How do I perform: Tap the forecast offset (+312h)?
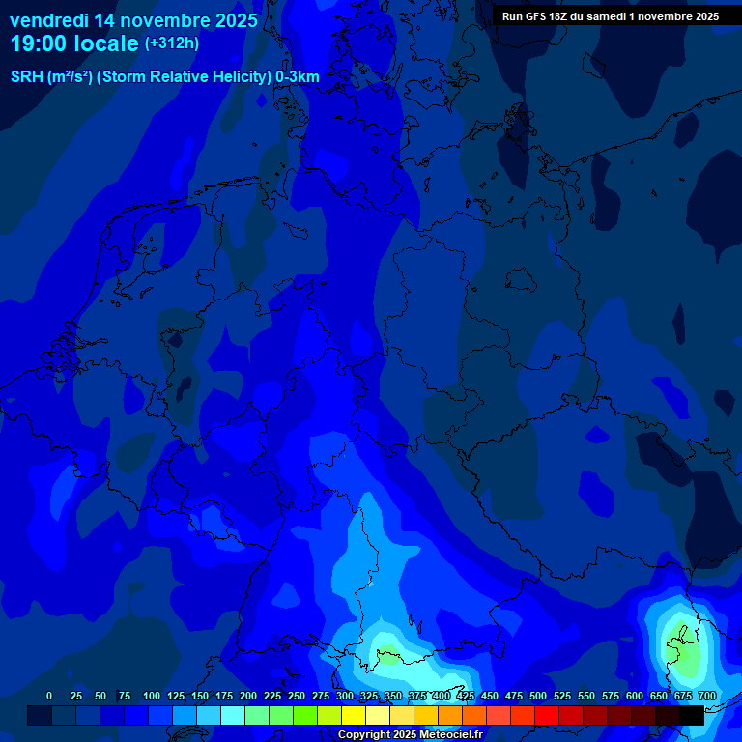click(x=171, y=43)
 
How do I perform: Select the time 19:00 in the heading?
click(x=40, y=43)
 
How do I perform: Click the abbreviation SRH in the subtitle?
click(x=26, y=76)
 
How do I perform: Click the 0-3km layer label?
click(x=298, y=76)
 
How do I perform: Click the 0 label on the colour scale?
click(x=49, y=696)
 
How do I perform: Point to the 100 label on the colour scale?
click(x=151, y=696)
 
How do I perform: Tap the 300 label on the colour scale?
click(x=345, y=696)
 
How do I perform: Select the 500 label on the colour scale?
click(x=538, y=696)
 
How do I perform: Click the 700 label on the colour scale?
click(x=707, y=696)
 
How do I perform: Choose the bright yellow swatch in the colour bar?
click(x=354, y=715)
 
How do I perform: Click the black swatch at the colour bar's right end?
click(x=692, y=715)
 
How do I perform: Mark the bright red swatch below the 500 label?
click(x=547, y=715)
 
